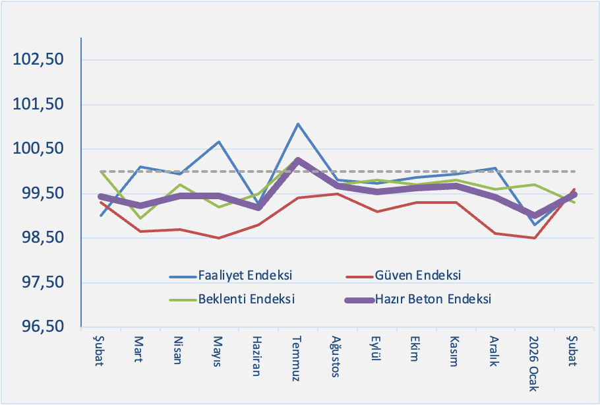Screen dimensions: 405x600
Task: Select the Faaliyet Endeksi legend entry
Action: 245,274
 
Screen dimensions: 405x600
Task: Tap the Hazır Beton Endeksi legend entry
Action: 433,298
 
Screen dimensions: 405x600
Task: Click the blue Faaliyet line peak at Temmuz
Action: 298,124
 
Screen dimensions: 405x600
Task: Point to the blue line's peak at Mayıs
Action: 219,142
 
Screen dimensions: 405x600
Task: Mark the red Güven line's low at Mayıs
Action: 219,237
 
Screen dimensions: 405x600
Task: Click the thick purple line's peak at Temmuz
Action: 298,160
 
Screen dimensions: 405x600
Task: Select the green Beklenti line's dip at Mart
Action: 140,218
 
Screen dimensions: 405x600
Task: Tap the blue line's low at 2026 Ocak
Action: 535,224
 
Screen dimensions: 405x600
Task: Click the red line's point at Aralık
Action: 495,234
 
